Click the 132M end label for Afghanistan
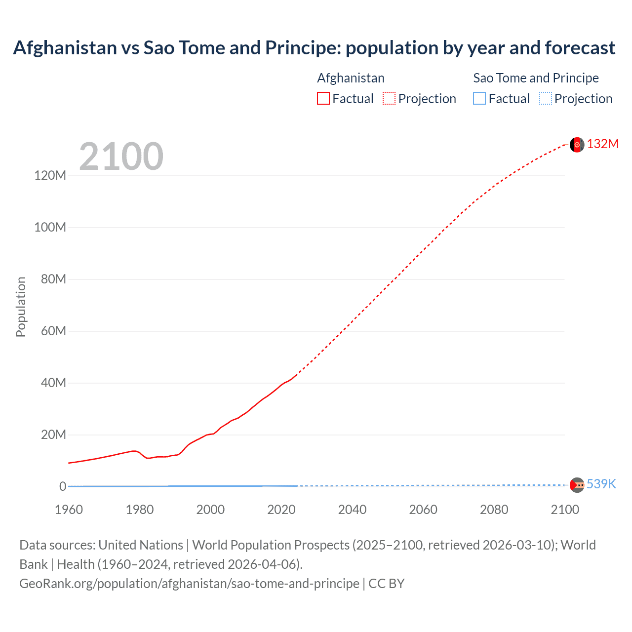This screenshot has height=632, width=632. (x=602, y=144)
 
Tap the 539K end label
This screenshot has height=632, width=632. (x=601, y=484)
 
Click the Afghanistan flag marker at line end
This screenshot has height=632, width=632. (x=577, y=145)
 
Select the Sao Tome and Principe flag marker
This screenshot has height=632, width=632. (x=577, y=485)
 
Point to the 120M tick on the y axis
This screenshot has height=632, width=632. (x=50, y=176)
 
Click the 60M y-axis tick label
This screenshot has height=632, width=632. (x=53, y=331)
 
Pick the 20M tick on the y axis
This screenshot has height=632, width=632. (x=53, y=434)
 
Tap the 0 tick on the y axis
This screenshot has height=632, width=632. (x=63, y=486)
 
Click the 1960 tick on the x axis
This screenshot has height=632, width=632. (x=69, y=510)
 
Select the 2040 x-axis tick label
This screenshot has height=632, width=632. (x=352, y=510)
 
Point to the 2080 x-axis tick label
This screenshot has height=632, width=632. (x=494, y=510)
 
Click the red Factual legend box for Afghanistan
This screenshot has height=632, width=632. (x=323, y=99)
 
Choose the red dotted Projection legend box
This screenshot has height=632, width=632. (x=389, y=99)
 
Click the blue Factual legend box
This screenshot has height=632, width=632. (x=479, y=99)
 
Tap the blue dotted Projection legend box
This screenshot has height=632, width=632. (x=545, y=99)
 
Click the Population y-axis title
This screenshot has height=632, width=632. (x=21, y=307)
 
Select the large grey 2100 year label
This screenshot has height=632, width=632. (x=121, y=157)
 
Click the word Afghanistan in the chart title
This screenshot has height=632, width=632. (x=65, y=48)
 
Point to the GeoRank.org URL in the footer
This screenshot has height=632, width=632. (x=189, y=584)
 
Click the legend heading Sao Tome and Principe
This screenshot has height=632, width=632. (x=536, y=78)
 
